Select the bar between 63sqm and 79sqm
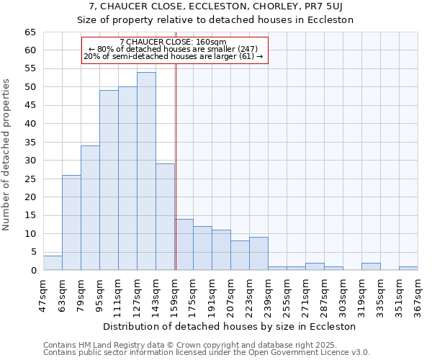click(71, 222)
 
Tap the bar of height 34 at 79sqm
click(90, 208)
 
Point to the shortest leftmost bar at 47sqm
click(53, 263)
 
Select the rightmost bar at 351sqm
click(408, 269)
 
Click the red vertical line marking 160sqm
click(176, 166)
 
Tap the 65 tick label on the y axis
click(30, 32)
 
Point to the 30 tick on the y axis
click(30, 161)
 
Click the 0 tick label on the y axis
click(33, 271)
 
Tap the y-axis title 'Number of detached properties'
click(7, 155)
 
